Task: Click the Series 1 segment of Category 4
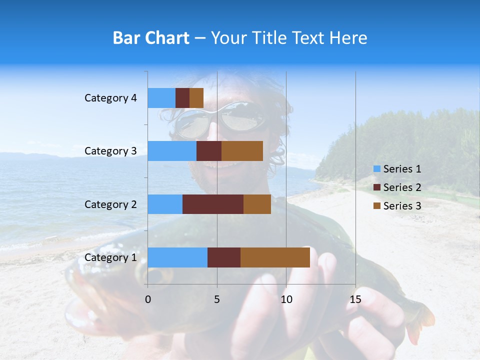pos(161,98)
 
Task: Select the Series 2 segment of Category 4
pos(182,98)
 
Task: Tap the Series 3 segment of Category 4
pos(196,98)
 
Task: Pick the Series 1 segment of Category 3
pos(172,151)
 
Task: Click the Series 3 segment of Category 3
pos(242,151)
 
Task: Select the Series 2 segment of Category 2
pos(213,204)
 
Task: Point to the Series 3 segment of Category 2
pos(257,204)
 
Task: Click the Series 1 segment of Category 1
pos(177,257)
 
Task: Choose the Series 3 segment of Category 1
pos(275,257)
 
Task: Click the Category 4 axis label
pos(110,98)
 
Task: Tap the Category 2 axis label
pos(110,204)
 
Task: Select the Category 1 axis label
pos(110,257)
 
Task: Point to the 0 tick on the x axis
pos(148,299)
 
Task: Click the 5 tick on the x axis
pos(217,299)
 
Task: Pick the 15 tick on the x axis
pos(355,299)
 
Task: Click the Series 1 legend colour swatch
pos(376,169)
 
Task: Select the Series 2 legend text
pos(402,187)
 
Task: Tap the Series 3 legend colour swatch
pos(376,206)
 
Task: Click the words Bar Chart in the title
pos(151,38)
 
